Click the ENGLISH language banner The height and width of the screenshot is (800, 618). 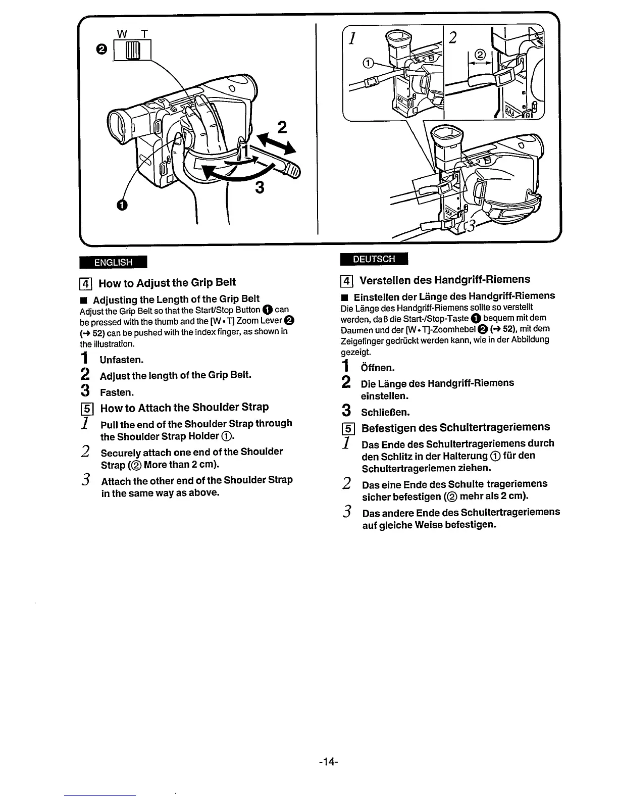(x=113, y=262)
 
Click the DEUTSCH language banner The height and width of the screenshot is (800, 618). (x=374, y=259)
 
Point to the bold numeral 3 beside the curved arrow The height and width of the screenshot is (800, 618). (x=260, y=188)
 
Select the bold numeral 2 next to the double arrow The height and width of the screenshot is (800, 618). (x=282, y=126)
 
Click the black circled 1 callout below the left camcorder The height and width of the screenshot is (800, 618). (x=121, y=205)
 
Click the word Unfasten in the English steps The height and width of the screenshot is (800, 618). (x=122, y=360)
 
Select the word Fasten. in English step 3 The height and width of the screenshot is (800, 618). (x=117, y=392)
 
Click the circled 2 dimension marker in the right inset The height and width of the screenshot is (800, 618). (x=480, y=55)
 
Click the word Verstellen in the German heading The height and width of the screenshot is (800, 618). (x=384, y=280)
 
